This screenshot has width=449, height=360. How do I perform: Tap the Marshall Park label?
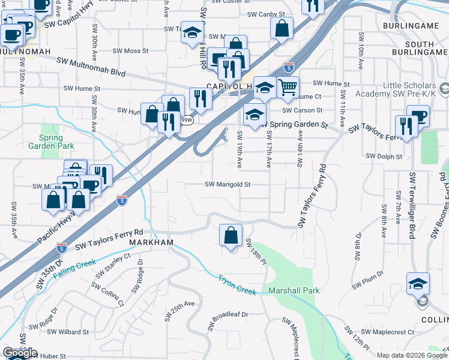[x=294, y=290]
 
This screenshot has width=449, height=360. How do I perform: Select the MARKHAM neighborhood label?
[x=151, y=242]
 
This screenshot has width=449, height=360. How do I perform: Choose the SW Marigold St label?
[x=228, y=185]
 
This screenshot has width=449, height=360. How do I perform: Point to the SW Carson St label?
[x=303, y=110]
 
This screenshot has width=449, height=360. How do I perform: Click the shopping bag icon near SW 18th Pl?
[x=231, y=235]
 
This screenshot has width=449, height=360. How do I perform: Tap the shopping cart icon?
[x=288, y=88]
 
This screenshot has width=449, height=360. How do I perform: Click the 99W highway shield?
[x=187, y=120]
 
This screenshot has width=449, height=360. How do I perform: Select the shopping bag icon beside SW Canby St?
[x=282, y=28]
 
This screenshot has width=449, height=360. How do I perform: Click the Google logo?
[x=20, y=353]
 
